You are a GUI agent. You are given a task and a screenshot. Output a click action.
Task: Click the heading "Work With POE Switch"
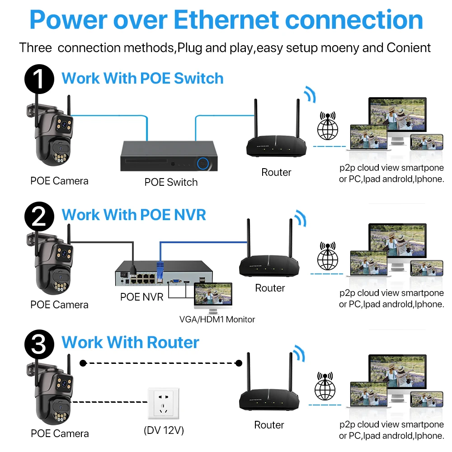click(142, 78)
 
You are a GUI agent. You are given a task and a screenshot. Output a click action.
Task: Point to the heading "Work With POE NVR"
click(134, 215)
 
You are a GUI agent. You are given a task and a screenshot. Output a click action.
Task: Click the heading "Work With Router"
click(130, 342)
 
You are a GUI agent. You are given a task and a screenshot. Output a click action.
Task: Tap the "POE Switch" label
click(171, 182)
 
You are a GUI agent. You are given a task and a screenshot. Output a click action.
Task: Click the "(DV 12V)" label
click(164, 430)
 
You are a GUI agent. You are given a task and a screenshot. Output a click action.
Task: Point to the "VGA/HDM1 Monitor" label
click(217, 320)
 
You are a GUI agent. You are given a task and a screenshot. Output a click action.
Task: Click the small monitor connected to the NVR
click(212, 297)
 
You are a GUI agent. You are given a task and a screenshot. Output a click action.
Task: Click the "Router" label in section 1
click(276, 172)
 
